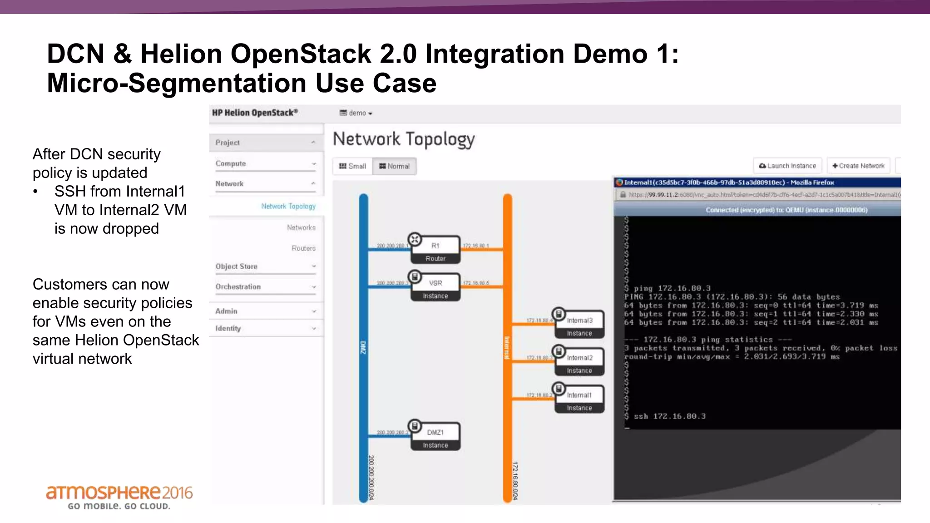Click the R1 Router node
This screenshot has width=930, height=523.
[435, 250]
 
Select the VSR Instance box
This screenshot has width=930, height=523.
[435, 288]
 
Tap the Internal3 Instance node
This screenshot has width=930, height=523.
[579, 325]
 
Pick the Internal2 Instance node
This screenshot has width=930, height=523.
[579, 362]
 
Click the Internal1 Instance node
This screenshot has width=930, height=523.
[579, 400]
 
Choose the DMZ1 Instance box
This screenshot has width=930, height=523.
[435, 437]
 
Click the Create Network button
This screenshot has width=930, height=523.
[858, 166]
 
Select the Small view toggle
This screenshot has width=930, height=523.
[352, 166]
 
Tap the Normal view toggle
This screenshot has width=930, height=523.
[394, 166]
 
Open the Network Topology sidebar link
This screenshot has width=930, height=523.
[288, 206]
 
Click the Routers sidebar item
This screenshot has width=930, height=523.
[303, 248]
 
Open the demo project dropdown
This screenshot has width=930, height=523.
[356, 113]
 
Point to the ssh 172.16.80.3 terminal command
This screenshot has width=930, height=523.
[669, 416]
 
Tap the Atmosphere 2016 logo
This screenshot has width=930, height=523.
[119, 497]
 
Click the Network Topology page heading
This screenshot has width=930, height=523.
[403, 139]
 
